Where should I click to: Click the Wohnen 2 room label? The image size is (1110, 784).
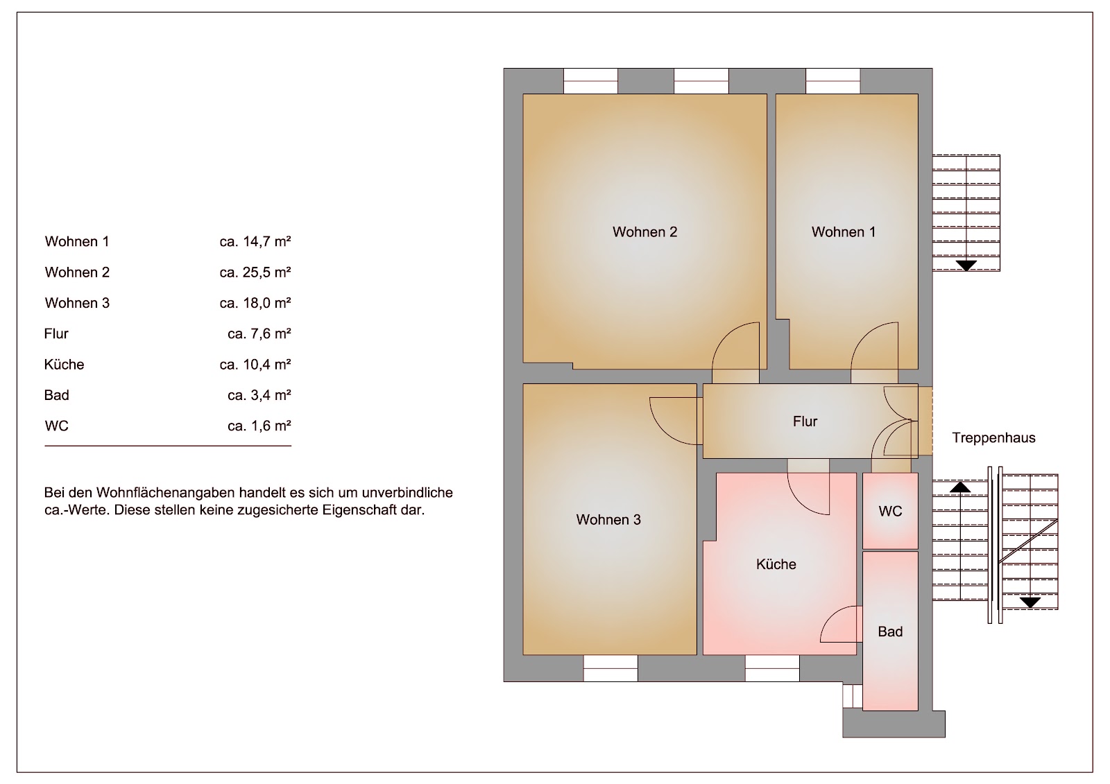click(644, 232)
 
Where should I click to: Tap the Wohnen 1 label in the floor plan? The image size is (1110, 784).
click(844, 232)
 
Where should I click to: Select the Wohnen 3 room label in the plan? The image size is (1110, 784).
click(608, 519)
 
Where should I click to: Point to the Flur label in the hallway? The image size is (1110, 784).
click(805, 421)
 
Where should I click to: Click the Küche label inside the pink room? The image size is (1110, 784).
click(776, 564)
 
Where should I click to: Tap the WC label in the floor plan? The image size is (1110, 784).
click(891, 511)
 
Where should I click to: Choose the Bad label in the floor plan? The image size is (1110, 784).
click(891, 631)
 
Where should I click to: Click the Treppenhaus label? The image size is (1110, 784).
click(993, 438)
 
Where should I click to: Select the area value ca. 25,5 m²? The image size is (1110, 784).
click(255, 272)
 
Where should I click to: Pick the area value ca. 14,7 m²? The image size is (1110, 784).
click(255, 242)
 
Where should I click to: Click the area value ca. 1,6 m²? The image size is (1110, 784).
click(259, 426)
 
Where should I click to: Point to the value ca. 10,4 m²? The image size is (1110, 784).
click(255, 365)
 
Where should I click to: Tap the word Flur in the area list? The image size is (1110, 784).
click(56, 334)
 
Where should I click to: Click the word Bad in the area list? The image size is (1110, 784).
click(56, 395)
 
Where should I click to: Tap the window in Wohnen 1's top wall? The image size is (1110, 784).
click(832, 81)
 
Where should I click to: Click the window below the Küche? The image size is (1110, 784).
click(772, 668)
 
